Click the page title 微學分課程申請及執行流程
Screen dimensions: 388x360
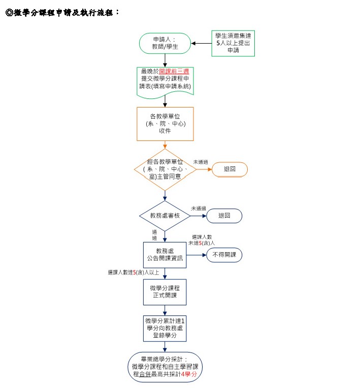point(62,12)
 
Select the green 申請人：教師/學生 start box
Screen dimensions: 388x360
point(165,43)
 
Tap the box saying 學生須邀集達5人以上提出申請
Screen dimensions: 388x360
point(233,43)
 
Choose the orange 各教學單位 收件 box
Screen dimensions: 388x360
point(165,123)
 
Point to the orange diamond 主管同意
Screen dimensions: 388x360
point(165,169)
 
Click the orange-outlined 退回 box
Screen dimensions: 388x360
point(230,169)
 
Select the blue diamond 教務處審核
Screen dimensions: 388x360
point(165,216)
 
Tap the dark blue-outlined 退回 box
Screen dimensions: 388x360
point(224,216)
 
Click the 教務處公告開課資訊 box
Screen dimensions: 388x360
point(165,255)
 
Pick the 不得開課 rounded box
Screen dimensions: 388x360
point(224,255)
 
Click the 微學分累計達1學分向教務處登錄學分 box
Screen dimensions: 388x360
point(165,328)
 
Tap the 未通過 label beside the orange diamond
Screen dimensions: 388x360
point(200,162)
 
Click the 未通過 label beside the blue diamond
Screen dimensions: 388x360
point(198,208)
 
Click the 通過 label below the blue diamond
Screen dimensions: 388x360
point(155,235)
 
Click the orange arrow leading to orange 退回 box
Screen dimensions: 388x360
point(203,169)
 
